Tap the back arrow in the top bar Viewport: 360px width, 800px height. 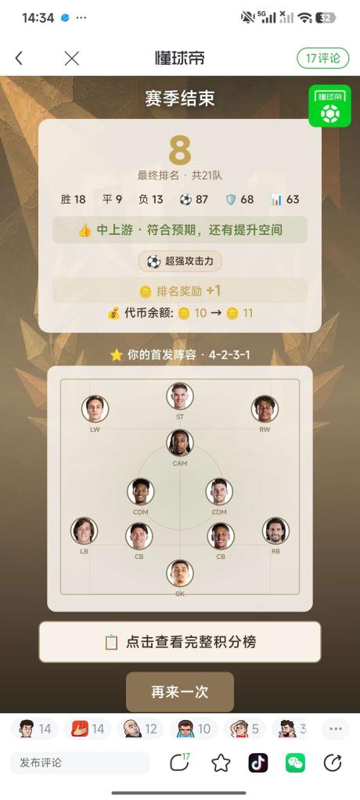click(x=19, y=59)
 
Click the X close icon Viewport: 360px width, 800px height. click(x=72, y=59)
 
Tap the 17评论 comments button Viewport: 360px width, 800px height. click(x=322, y=58)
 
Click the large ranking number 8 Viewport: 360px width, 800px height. click(x=180, y=150)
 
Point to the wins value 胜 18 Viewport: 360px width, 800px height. click(x=73, y=199)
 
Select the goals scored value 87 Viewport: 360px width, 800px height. click(x=202, y=199)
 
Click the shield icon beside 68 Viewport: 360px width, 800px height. click(x=231, y=200)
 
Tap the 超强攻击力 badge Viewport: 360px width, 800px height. click(x=179, y=261)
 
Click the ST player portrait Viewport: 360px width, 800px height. click(x=180, y=396)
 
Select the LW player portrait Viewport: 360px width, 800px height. click(x=95, y=409)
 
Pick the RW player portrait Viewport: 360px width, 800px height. click(x=265, y=409)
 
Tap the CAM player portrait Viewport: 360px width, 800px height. click(x=180, y=443)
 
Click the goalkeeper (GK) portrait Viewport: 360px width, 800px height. click(x=180, y=573)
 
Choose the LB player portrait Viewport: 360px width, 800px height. click(x=85, y=531)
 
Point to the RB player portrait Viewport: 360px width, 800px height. click(x=275, y=531)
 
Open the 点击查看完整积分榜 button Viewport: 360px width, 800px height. click(x=180, y=642)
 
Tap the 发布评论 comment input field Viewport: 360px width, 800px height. click(x=80, y=762)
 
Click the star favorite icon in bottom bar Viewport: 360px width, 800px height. click(x=221, y=762)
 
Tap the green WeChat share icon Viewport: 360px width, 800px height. click(x=295, y=762)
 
